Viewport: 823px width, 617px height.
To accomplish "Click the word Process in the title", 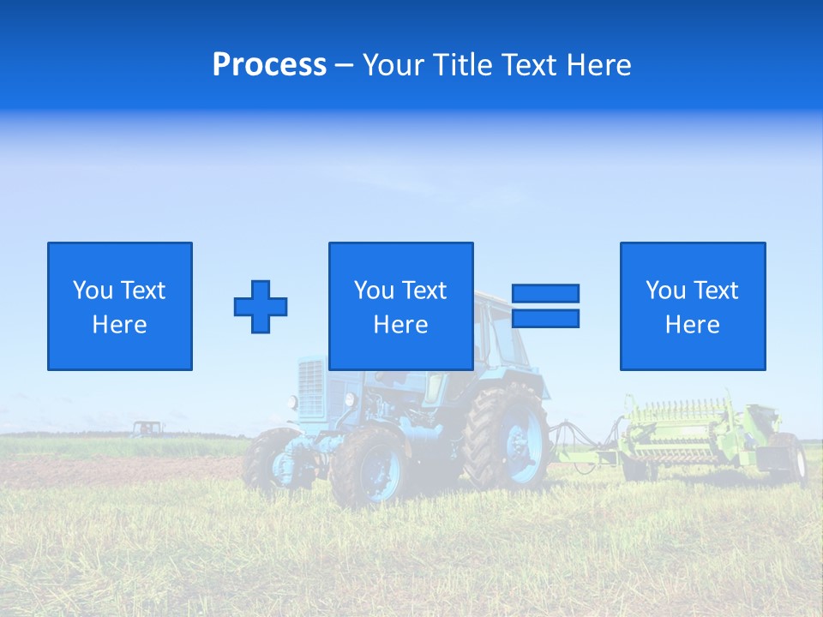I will point(269,65).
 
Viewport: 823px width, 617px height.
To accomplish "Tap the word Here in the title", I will point(597,65).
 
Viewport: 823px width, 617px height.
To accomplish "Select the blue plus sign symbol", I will point(261,307).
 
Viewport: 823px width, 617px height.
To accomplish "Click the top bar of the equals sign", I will point(545,293).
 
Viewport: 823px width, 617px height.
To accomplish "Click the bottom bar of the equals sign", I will point(545,318).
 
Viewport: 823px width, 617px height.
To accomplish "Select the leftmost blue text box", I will point(120,306).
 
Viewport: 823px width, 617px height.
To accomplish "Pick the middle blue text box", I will point(401,306).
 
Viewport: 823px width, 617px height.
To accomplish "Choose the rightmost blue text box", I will point(693,306).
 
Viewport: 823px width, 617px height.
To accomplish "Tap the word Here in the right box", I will point(693,325).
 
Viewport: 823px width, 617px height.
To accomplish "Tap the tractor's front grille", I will point(310,387).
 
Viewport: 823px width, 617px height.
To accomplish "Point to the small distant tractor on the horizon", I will point(147,428).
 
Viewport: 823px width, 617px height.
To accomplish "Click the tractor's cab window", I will point(502,338).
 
